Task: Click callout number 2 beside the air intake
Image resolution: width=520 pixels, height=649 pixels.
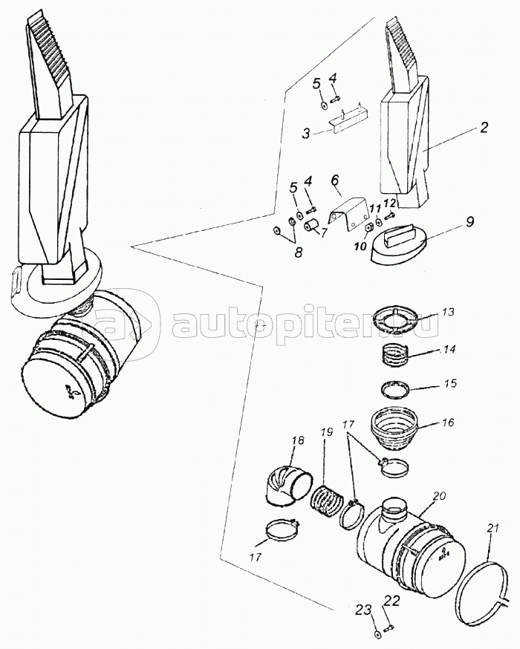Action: (484, 127)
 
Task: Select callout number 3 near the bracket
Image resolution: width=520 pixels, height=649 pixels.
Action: (306, 134)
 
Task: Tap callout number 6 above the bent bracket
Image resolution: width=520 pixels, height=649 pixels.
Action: (334, 180)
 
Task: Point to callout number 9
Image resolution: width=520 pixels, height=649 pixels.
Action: (469, 222)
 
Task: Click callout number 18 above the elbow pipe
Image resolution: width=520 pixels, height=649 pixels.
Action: (298, 440)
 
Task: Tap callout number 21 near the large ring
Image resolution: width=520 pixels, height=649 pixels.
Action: (490, 529)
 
